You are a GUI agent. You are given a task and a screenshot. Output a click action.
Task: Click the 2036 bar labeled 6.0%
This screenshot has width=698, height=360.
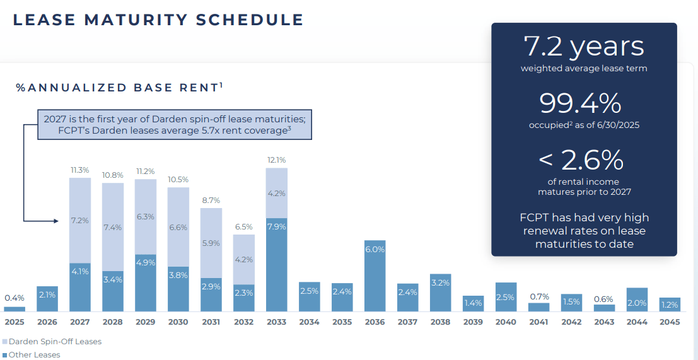tap(375, 276)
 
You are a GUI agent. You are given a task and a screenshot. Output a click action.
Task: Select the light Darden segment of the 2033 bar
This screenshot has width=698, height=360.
tap(276, 193)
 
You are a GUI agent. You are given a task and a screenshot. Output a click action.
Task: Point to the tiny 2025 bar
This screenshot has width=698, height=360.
tap(15, 309)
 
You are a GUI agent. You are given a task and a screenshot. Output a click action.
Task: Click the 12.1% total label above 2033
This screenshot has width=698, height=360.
tap(276, 160)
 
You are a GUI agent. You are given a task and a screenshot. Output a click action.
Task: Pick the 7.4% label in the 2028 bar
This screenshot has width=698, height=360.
tap(113, 228)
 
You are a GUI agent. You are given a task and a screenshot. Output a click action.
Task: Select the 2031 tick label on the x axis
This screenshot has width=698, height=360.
tap(211, 322)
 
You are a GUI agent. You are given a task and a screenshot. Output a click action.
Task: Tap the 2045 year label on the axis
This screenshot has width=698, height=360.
tap(670, 322)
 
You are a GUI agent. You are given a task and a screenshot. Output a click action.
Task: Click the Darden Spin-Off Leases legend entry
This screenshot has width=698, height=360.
tap(52, 342)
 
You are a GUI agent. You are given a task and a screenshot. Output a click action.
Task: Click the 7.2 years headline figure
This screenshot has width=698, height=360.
tap(584, 46)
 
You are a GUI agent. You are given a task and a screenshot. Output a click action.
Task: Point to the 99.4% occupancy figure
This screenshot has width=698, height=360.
tap(580, 103)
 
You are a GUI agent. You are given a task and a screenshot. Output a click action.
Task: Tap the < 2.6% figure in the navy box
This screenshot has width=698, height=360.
tap(581, 160)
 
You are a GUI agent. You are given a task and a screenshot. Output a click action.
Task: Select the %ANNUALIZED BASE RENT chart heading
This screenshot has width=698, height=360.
tap(119, 87)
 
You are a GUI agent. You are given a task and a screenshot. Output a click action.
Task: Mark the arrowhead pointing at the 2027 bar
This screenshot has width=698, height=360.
tap(56, 221)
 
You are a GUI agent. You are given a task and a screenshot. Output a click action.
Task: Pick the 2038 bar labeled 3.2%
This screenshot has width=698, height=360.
tap(440, 293)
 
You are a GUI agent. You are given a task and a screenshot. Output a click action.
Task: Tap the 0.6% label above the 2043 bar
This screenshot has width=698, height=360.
tap(604, 299)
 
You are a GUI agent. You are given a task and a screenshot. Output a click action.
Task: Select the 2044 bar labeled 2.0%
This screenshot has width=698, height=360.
tap(637, 299)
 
